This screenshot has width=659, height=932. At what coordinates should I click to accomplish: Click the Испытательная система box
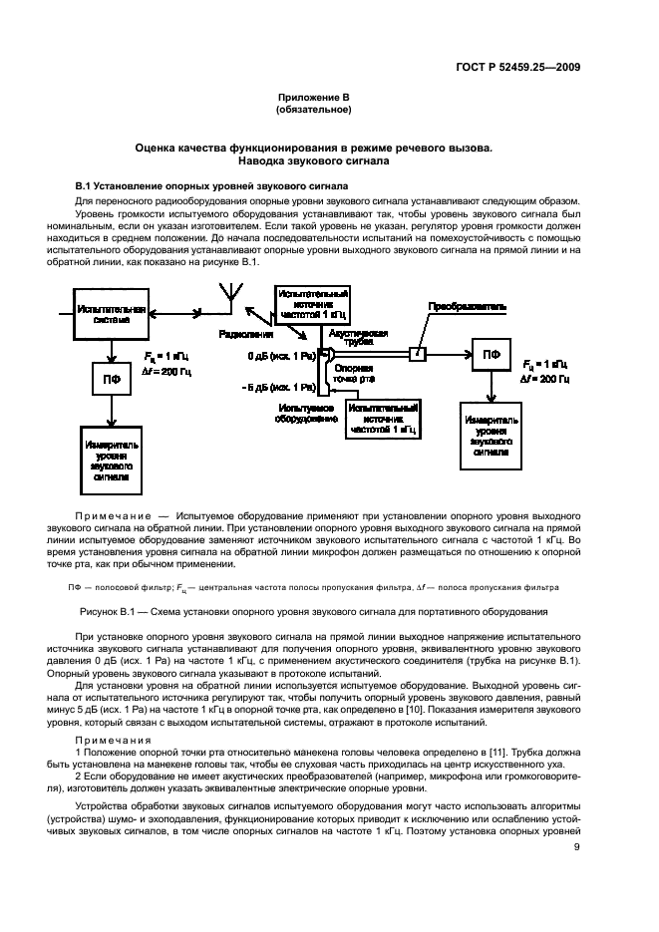(112, 317)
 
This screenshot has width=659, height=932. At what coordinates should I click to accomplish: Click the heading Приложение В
(315, 96)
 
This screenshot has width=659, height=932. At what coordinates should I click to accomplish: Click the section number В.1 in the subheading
(85, 186)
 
